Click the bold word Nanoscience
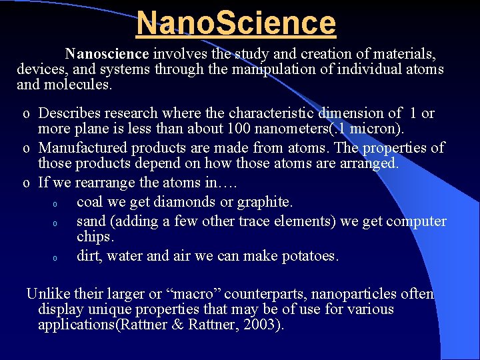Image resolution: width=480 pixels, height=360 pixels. point(108,53)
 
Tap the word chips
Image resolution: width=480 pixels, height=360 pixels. point(95,237)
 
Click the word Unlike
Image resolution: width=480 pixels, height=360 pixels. point(46,294)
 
